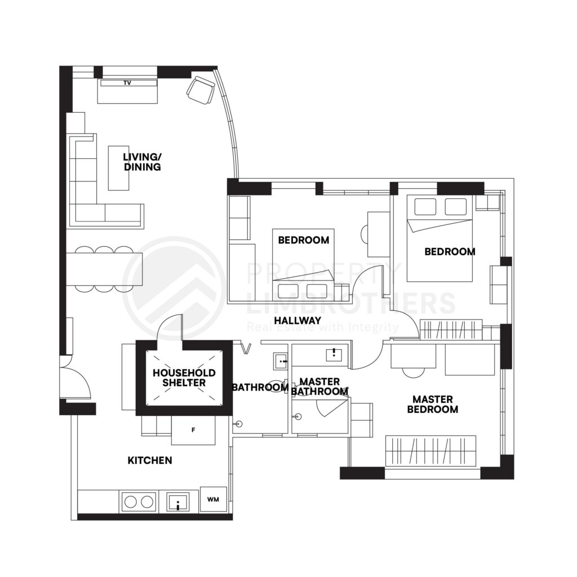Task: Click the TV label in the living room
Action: [x=127, y=83]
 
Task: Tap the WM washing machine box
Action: [x=213, y=499]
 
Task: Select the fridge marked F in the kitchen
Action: [x=194, y=430]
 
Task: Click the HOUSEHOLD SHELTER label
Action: [x=184, y=378]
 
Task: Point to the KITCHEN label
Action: [x=150, y=460]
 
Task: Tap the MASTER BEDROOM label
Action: [x=433, y=404]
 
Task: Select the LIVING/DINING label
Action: [x=143, y=162]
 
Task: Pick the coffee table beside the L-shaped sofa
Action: [x=118, y=168]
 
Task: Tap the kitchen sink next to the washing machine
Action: [x=178, y=502]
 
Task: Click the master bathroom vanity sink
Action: [x=334, y=354]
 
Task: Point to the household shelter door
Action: [x=170, y=327]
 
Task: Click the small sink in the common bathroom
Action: [x=281, y=361]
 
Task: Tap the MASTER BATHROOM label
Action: [x=319, y=387]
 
